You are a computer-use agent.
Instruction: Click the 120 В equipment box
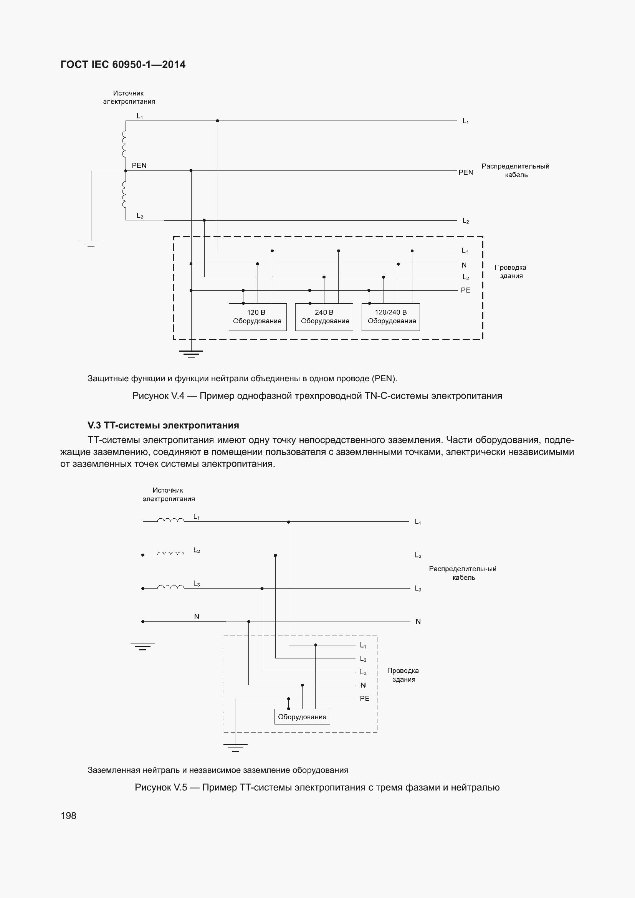[257, 317]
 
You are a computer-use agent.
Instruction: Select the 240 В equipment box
[324, 317]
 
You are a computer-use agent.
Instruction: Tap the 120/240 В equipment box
[390, 317]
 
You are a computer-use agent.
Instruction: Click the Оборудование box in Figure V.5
[302, 716]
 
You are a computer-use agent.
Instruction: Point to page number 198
[68, 815]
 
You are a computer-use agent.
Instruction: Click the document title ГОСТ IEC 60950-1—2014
[123, 64]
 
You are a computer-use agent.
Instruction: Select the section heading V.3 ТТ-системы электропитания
[163, 425]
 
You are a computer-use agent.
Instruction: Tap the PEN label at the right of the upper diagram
[465, 172]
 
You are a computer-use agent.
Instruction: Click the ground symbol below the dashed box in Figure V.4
[191, 354]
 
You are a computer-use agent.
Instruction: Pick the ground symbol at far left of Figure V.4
[91, 244]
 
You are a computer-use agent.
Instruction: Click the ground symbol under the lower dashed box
[235, 748]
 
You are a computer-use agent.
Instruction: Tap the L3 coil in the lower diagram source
[170, 587]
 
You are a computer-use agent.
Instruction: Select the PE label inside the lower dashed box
[364, 698]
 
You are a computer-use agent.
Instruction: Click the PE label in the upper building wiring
[465, 290]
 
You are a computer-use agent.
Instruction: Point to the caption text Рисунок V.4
[317, 396]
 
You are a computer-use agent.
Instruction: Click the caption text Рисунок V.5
[317, 787]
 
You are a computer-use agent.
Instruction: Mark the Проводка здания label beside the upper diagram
[510, 271]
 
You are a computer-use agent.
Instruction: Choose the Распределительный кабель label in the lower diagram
[463, 573]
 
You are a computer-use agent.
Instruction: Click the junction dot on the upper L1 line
[218, 121]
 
